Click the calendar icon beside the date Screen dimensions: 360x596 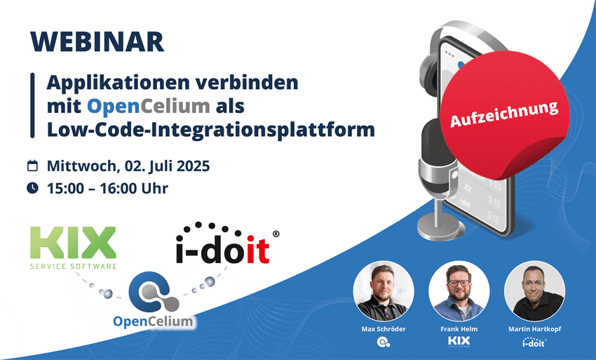tap(32, 166)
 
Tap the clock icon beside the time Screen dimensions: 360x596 tap(32, 188)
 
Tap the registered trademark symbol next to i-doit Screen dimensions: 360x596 tap(276, 235)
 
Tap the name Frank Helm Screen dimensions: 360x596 tap(459, 329)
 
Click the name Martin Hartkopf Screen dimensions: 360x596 tap(534, 329)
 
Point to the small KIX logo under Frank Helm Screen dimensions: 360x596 tap(459, 342)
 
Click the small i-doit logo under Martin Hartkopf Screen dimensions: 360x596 tap(534, 342)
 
